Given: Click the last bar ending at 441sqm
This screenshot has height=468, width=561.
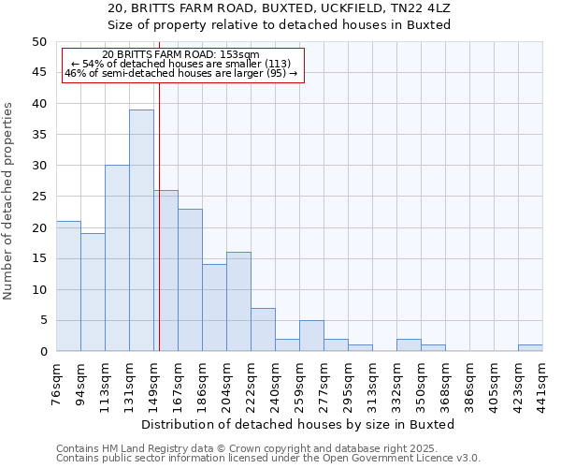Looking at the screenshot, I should pyautogui.click(x=530, y=348).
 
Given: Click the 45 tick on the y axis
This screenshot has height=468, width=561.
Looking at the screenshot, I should pyautogui.click(x=38, y=72).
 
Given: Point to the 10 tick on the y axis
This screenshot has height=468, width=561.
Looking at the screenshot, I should pyautogui.click(x=38, y=289).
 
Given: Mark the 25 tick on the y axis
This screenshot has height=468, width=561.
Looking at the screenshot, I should pyautogui.click(x=38, y=197).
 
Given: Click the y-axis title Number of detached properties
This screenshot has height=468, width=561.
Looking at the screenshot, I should pyautogui.click(x=9, y=201).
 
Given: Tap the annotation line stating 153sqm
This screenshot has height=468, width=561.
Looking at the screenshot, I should pyautogui.click(x=181, y=55).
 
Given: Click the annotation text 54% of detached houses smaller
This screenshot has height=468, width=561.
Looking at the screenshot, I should pyautogui.click(x=181, y=64).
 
